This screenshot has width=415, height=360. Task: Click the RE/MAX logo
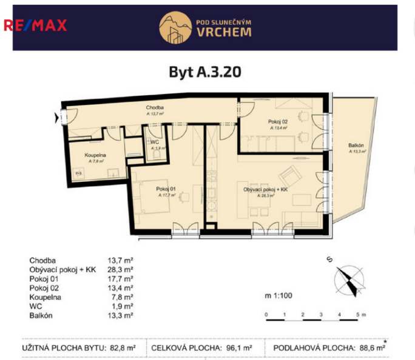pos(35,25)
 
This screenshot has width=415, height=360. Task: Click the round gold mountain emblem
pos(174,27)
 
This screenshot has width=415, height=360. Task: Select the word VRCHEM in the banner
pos(224,32)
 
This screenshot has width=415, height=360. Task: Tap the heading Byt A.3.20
pos(205,72)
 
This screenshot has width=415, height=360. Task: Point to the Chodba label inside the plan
pos(155,107)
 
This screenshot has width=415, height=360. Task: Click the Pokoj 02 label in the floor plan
pos(278,122)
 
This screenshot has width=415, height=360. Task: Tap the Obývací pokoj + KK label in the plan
pos(266,189)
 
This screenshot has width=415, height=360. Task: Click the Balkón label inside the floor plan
pos(356,146)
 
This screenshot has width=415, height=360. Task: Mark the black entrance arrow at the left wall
pos(58,118)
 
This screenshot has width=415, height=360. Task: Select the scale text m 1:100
pos(278,296)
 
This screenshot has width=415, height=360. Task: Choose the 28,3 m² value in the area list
pos(121,269)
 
